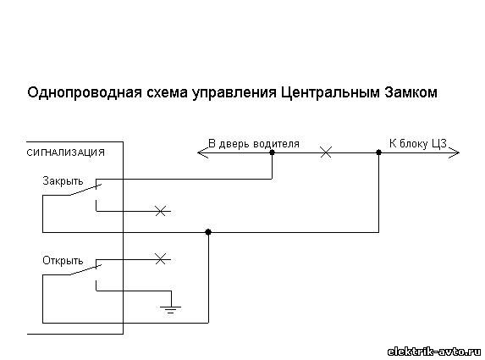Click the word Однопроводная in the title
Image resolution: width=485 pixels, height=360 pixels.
pos(85,93)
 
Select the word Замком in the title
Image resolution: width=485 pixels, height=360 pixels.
pos(411,92)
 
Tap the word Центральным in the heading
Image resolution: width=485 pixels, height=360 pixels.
pos(330,93)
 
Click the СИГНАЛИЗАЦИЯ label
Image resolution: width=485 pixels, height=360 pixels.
pos(65,152)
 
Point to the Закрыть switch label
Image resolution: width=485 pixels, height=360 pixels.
pos(63,181)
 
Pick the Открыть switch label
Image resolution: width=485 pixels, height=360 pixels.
pos(63,261)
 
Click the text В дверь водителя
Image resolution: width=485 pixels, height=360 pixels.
pos(254,144)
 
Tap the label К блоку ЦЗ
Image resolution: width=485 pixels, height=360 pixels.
pos(418,144)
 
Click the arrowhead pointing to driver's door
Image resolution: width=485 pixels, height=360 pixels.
pos(202,152)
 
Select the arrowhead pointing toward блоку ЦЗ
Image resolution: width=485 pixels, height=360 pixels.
pos(455,152)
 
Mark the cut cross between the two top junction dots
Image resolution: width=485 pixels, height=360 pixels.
pos(326,152)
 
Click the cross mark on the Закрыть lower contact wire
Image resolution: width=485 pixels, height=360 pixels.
pos(161,211)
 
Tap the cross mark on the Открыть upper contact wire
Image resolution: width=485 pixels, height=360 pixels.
pos(161,259)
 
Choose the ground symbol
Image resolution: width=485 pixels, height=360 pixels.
pos(171,309)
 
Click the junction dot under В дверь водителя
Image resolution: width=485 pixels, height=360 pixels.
pos(273,152)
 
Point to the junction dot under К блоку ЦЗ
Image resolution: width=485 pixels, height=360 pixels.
pos(378,152)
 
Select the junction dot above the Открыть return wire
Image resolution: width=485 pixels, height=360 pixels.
pos(208,232)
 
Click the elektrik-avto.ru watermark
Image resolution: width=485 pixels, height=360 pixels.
pos(434,352)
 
